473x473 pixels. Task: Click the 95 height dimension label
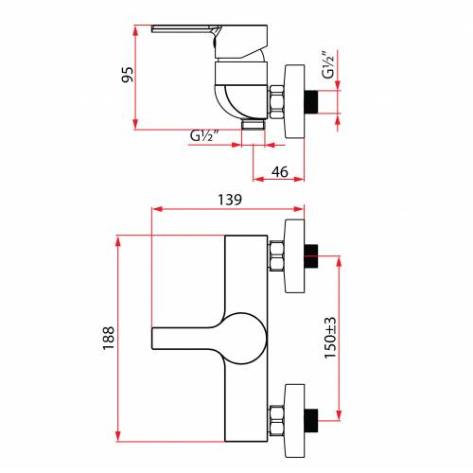[x=128, y=75]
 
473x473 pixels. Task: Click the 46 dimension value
[x=280, y=172]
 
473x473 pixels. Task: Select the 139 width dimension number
[x=230, y=200]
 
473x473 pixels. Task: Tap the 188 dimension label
[x=108, y=338]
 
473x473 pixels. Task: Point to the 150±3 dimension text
[x=330, y=338]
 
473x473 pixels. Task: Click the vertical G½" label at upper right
[x=327, y=64]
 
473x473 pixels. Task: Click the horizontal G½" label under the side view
[x=204, y=135]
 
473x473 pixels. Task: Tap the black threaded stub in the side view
[x=311, y=102]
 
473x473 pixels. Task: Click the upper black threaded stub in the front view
[x=311, y=255]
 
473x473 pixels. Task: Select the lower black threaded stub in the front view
[x=311, y=420]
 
